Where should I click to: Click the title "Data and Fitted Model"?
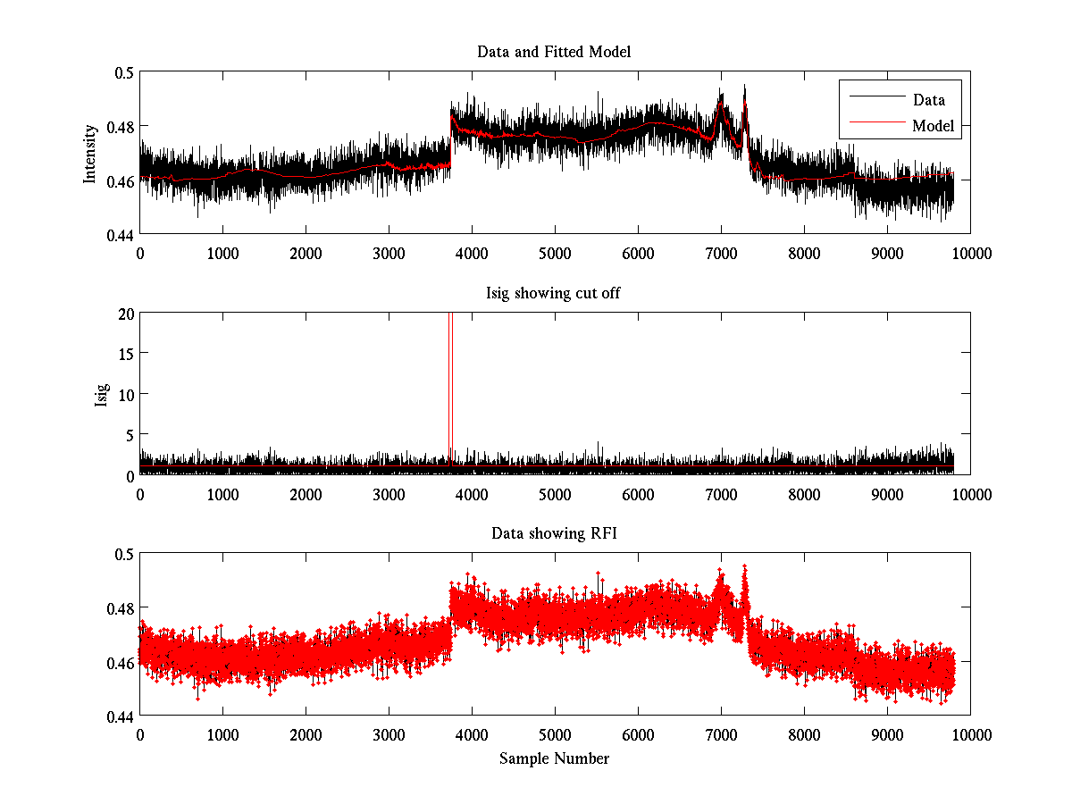point(554,52)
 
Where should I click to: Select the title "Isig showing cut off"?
point(554,293)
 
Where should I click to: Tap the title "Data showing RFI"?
point(554,534)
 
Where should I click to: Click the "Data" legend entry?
point(928,100)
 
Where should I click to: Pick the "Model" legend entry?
point(933,126)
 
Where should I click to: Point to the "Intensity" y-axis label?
point(89,153)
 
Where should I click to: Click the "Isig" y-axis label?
point(102,394)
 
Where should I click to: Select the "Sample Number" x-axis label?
point(554,759)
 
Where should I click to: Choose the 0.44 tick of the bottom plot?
point(120,716)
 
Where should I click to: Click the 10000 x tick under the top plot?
point(970,253)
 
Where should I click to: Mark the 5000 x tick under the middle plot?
point(555,494)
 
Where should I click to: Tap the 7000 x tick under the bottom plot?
point(721,735)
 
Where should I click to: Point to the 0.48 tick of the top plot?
point(120,126)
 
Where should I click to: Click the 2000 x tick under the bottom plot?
point(306,735)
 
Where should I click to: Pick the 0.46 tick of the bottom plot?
point(120,663)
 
